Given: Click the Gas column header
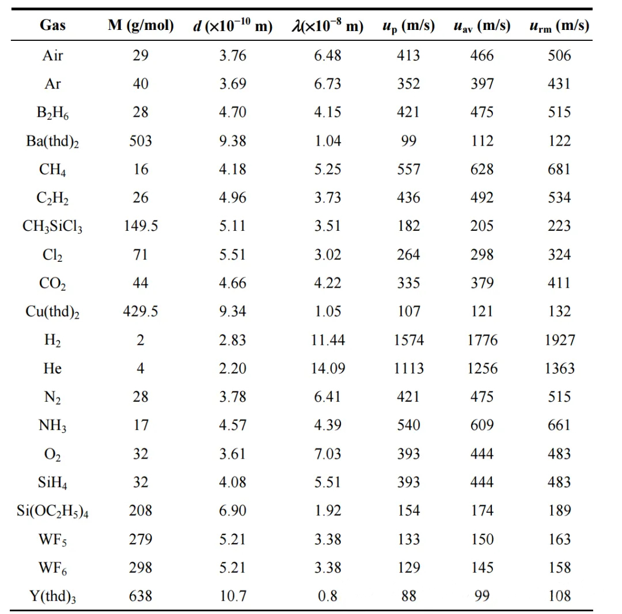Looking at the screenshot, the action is pos(52,25).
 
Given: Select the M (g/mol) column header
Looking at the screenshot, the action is pos(141,25).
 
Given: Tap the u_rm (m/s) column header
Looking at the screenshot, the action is pos(559,26).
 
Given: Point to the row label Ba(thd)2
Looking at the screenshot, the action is pos(52,141).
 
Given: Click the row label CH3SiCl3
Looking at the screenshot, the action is pos(52,226).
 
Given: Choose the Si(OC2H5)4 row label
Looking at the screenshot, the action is pos(52,511).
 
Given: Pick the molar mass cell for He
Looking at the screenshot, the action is pos(141,368).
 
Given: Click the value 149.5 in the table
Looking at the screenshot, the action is pos(141,226).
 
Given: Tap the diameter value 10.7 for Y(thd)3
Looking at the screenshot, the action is pos(233,596).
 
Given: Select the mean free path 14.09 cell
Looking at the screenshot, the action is pos(328,368).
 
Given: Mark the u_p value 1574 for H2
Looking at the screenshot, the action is pos(408,340).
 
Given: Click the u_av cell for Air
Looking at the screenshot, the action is pos(482,55).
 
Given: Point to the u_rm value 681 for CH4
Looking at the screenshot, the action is pos(559,169).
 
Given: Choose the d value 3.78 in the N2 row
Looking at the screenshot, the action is pos(233,397).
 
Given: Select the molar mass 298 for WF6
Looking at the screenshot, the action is pos(141,567).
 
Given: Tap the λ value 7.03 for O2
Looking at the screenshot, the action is pos(328,454).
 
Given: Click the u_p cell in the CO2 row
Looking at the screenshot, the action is pos(408,283).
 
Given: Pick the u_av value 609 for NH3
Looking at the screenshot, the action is pos(482,425).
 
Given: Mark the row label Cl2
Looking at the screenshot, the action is pos(52,255).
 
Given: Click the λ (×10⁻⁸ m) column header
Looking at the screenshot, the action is pos(328,26).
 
